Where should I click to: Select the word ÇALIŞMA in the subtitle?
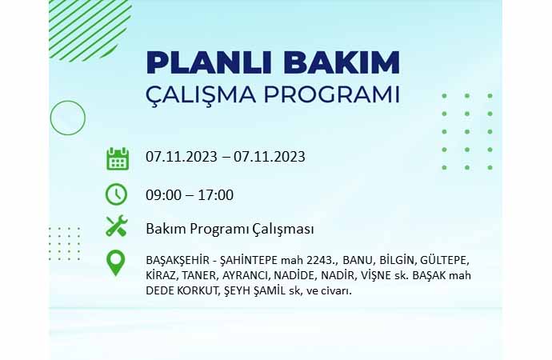tap(200, 95)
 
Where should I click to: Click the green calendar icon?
tap(118, 159)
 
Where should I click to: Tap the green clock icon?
tap(116, 194)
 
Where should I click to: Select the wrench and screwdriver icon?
tap(117, 226)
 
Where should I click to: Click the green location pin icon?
tap(115, 263)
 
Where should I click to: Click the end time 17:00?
tap(215, 195)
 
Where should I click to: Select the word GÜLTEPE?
tap(445, 260)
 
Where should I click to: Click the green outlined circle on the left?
tap(67, 101)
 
